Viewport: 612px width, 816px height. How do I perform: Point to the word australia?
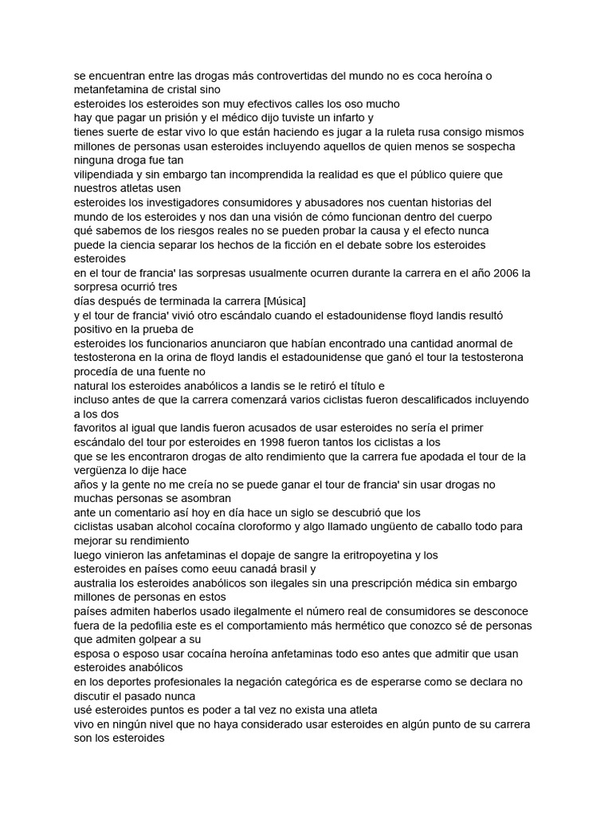click(96, 583)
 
